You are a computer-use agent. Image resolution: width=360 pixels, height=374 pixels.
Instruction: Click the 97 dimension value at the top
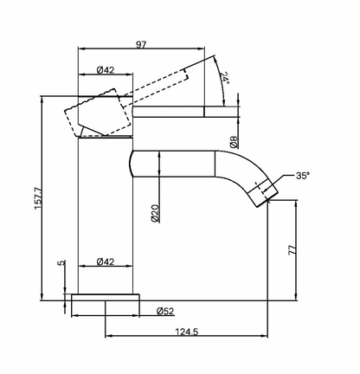(141, 45)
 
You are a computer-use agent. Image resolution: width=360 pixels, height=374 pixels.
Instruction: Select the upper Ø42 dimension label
(106, 70)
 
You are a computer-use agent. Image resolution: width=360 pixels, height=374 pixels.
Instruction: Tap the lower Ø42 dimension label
(106, 261)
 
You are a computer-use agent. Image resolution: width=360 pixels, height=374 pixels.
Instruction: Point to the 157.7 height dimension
(38, 198)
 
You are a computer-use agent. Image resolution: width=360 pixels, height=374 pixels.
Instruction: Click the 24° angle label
(225, 78)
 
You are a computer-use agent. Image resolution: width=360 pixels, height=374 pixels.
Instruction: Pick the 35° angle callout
(303, 176)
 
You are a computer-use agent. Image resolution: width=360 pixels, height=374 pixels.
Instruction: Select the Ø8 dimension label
(235, 142)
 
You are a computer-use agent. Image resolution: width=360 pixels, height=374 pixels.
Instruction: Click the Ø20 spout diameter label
(155, 213)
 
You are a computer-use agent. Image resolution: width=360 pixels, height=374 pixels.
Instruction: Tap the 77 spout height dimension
(292, 249)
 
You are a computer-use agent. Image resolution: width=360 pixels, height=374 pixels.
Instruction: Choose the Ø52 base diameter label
(165, 311)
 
